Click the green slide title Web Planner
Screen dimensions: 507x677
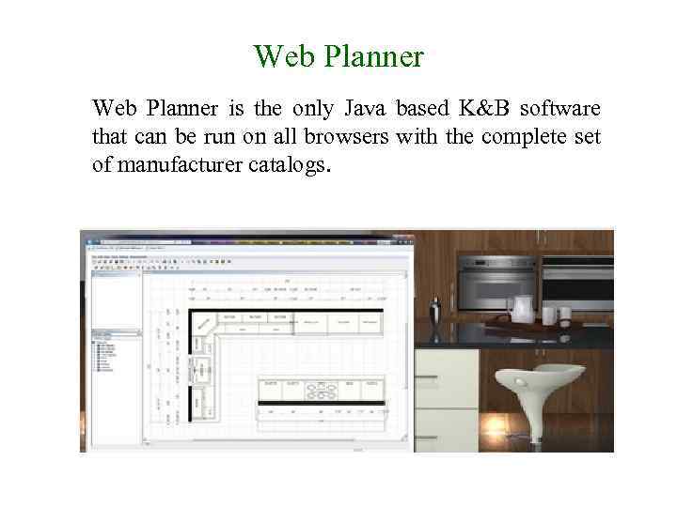point(338,57)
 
